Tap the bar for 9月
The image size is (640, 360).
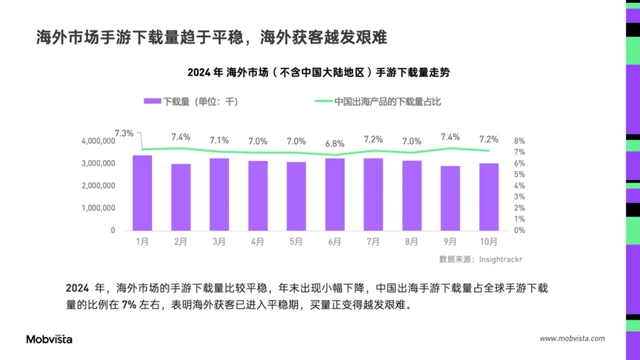coord(450,198)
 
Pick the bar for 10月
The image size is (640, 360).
coord(489,196)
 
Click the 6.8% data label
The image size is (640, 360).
coord(335,144)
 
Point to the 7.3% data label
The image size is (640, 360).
coord(124,133)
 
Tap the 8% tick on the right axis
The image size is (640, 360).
coord(519,141)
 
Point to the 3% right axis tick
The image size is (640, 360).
coord(519,197)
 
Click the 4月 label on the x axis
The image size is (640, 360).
coord(258,241)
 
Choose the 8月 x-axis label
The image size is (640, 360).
coord(412,241)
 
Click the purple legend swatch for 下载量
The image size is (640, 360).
coord(152,101)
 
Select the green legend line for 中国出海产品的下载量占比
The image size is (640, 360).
coord(324,101)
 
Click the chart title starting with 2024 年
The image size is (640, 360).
coord(319,73)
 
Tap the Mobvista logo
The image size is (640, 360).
coord(50,339)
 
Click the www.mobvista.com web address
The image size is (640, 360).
coord(572,339)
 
